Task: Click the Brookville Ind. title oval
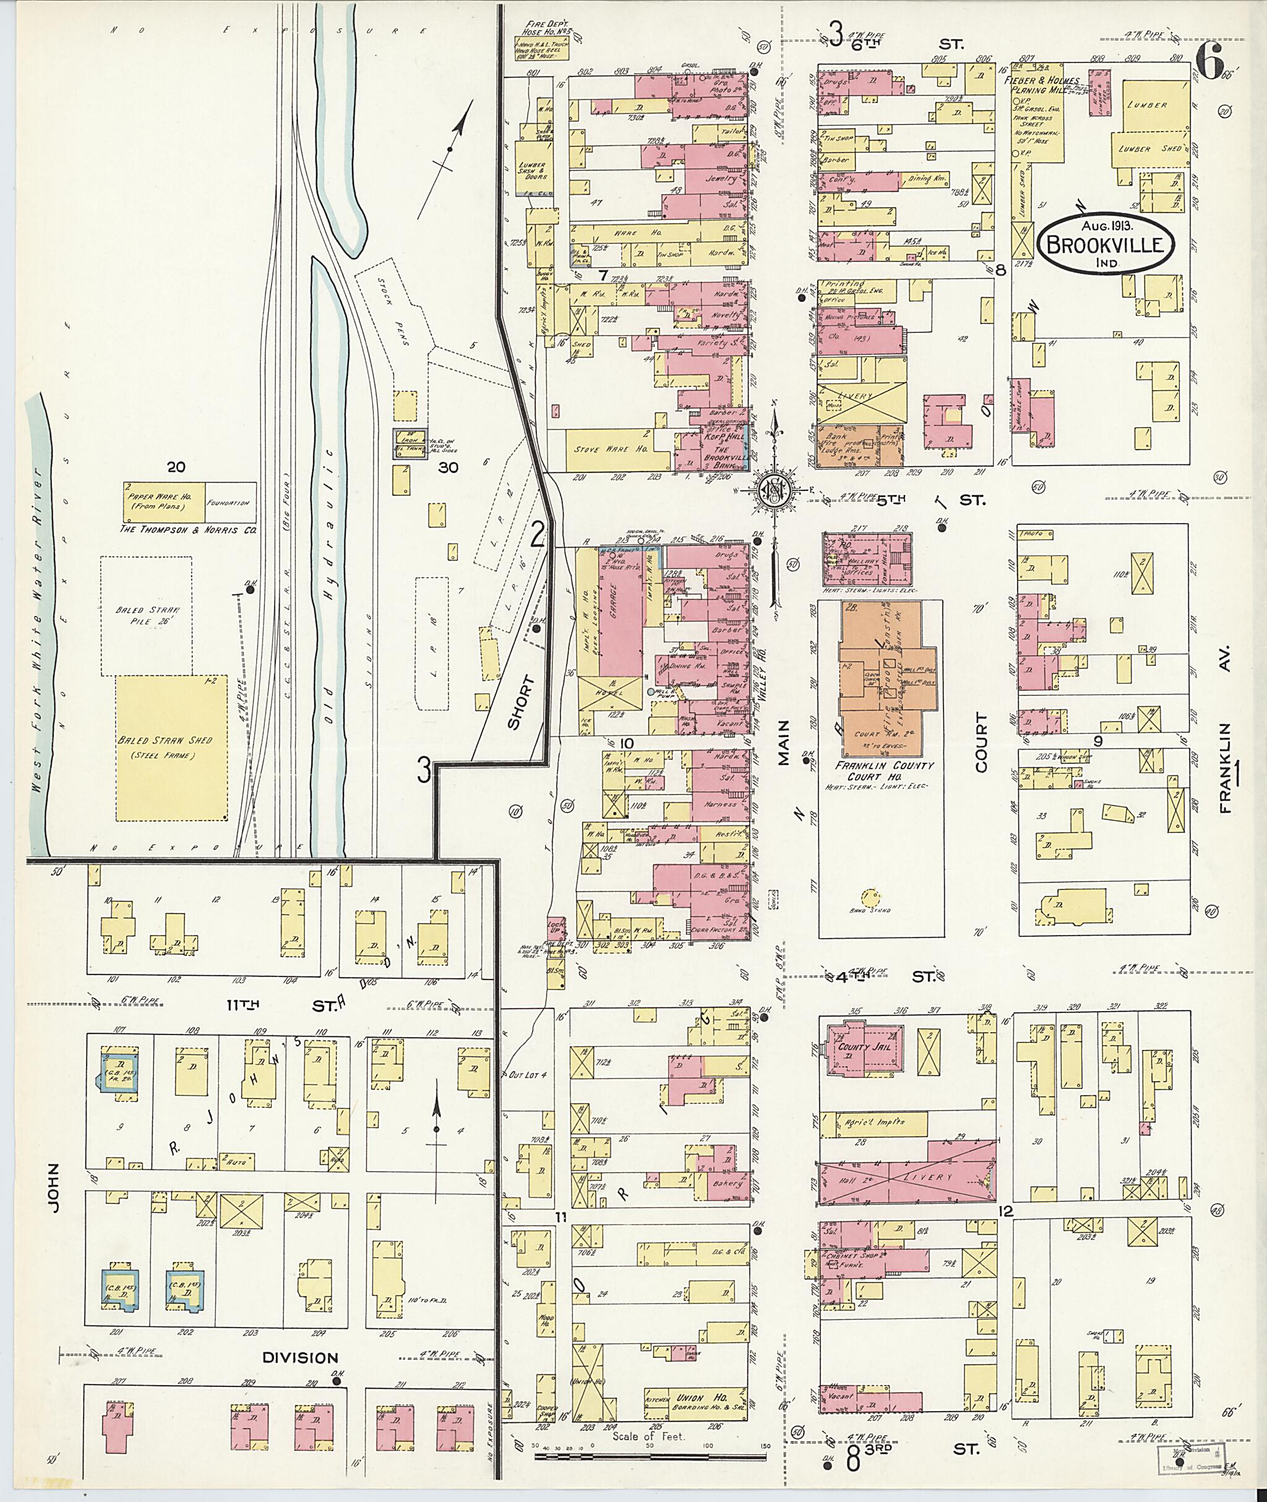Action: pyautogui.click(x=1106, y=245)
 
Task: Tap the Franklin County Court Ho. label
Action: pyautogui.click(x=880, y=771)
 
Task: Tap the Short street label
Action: pyautogui.click(x=522, y=692)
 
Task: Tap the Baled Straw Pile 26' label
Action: pyautogui.click(x=147, y=615)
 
